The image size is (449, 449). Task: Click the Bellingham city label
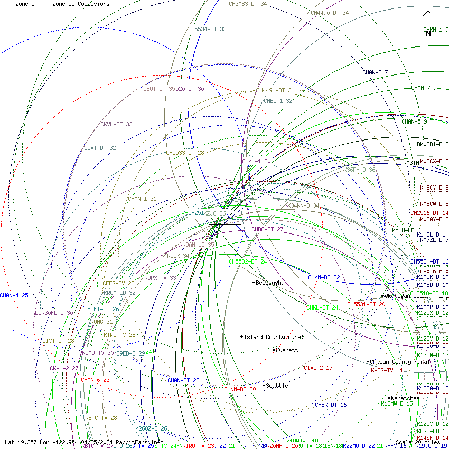pos(272,283)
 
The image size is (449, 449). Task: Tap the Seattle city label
pos(277,386)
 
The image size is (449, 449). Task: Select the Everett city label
pos(287,350)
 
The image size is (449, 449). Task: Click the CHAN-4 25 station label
pos(14,295)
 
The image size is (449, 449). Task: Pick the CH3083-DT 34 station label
pos(248,4)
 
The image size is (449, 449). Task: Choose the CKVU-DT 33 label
pos(116,125)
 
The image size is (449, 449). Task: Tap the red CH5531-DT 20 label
pos(366,304)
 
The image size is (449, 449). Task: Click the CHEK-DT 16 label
pos(331,405)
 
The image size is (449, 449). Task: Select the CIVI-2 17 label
pos(318,368)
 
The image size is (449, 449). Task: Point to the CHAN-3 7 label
pos(375,72)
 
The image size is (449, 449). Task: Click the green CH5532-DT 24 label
pos(248,261)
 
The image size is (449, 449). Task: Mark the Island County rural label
pos(274,337)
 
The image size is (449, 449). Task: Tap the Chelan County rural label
pos(400,362)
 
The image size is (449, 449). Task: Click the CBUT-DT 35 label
pos(162,89)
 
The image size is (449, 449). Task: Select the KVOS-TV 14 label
pos(387,370)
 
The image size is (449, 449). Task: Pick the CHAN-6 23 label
pos(95,380)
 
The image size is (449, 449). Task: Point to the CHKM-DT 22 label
pos(324,277)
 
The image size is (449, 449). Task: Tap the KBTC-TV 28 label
pos(101,418)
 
